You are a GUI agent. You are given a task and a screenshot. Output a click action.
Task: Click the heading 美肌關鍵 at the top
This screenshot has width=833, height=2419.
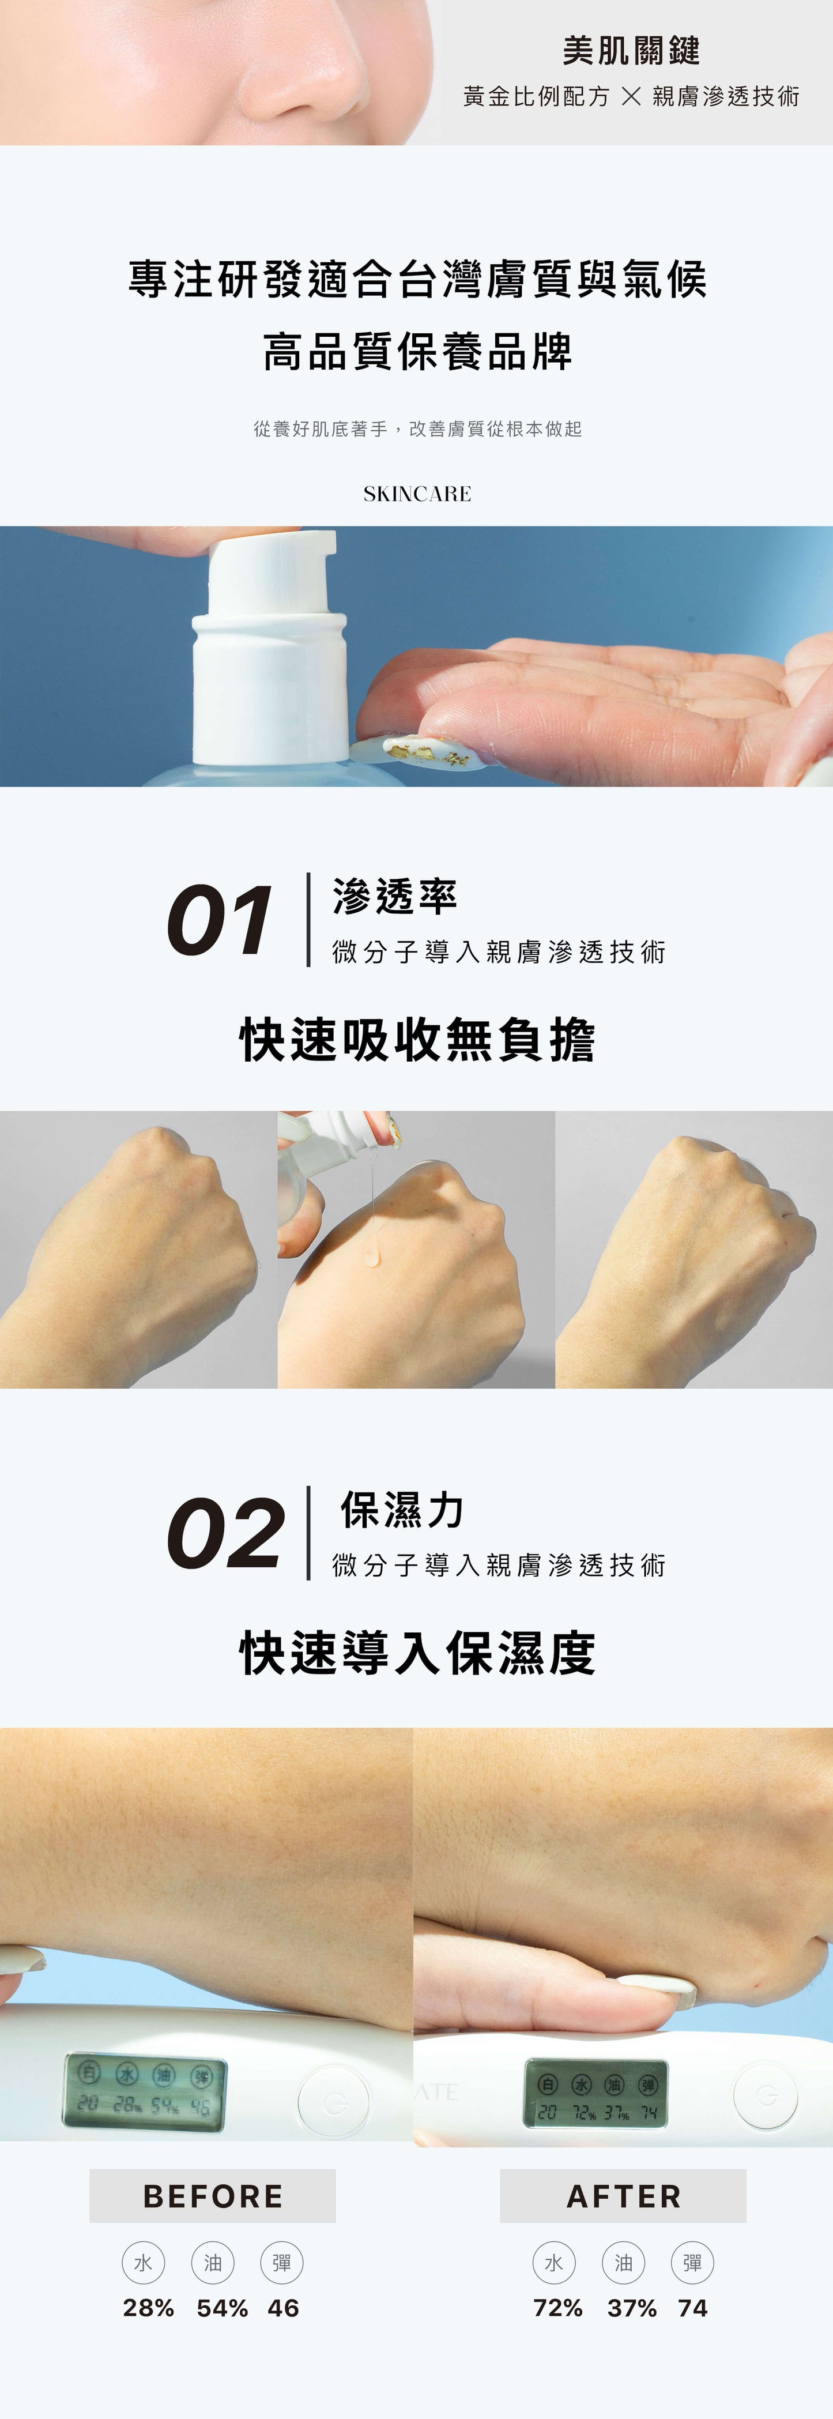[x=631, y=51]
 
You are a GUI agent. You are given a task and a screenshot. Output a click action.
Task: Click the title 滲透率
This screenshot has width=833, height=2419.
[x=394, y=897]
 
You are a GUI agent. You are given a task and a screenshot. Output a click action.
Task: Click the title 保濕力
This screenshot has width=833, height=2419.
[x=402, y=1510]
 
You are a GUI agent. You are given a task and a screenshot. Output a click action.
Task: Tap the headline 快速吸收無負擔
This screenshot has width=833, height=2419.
[x=417, y=1040]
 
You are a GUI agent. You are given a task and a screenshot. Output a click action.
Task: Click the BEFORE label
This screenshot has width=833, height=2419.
[x=212, y=2195]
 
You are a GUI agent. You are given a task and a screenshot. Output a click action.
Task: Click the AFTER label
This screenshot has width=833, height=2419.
[x=624, y=2195]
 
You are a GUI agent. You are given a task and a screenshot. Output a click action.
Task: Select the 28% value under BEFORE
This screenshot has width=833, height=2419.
[x=148, y=2307]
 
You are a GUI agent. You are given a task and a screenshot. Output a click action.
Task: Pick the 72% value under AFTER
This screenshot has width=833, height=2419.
[x=558, y=2307]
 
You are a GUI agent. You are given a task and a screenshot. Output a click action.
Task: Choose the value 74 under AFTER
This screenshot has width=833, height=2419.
[x=692, y=2307]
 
